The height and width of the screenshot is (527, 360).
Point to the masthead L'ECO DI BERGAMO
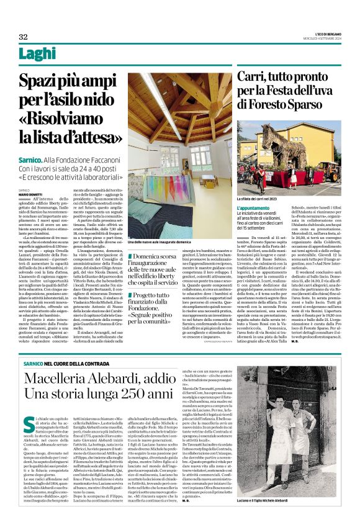pos(326,35)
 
